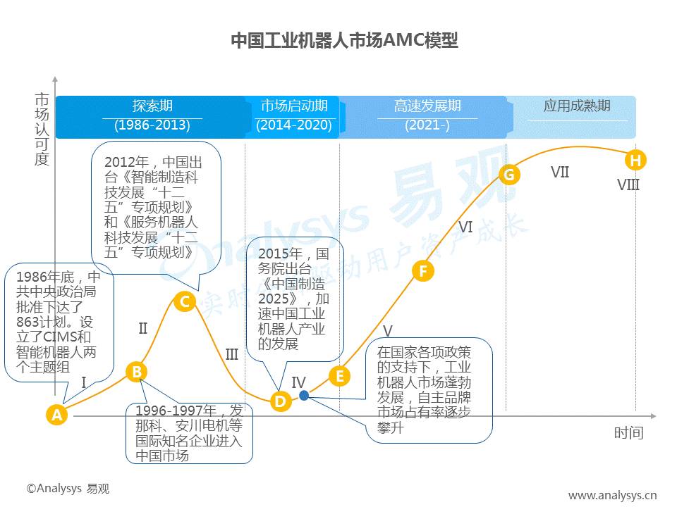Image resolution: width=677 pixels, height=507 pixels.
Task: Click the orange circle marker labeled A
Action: coord(57,415)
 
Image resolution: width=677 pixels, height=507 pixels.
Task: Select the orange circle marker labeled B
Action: coord(137,372)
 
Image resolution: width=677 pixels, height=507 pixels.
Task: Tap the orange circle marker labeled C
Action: coord(184,302)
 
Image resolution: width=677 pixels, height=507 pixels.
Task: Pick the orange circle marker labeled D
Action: coord(281,402)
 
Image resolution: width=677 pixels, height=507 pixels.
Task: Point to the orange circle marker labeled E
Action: coord(339,376)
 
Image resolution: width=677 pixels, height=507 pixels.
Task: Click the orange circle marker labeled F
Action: coord(422,270)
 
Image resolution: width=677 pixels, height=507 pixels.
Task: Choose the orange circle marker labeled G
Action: coord(508,174)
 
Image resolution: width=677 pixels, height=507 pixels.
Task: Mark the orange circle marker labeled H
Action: coord(635,161)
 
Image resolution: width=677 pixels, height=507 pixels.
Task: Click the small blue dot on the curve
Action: coord(304,396)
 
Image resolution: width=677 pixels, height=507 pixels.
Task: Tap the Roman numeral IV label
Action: coord(298,382)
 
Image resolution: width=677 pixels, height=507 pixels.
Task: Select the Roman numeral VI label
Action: coord(465,227)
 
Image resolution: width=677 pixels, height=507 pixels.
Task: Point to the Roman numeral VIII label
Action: coord(628,185)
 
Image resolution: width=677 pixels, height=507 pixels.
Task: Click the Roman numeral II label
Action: coord(143,328)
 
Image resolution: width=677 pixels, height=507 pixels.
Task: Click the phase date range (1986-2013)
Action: coord(152,125)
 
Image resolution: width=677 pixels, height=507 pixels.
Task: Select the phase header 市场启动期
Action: coord(294,106)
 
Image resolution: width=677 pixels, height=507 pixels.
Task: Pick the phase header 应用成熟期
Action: coord(576,106)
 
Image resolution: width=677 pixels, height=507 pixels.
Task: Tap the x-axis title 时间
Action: coord(628,432)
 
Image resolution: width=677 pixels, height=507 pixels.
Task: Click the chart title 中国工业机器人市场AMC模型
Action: coord(344,40)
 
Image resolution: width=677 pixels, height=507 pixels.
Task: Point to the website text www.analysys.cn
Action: coord(612,495)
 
